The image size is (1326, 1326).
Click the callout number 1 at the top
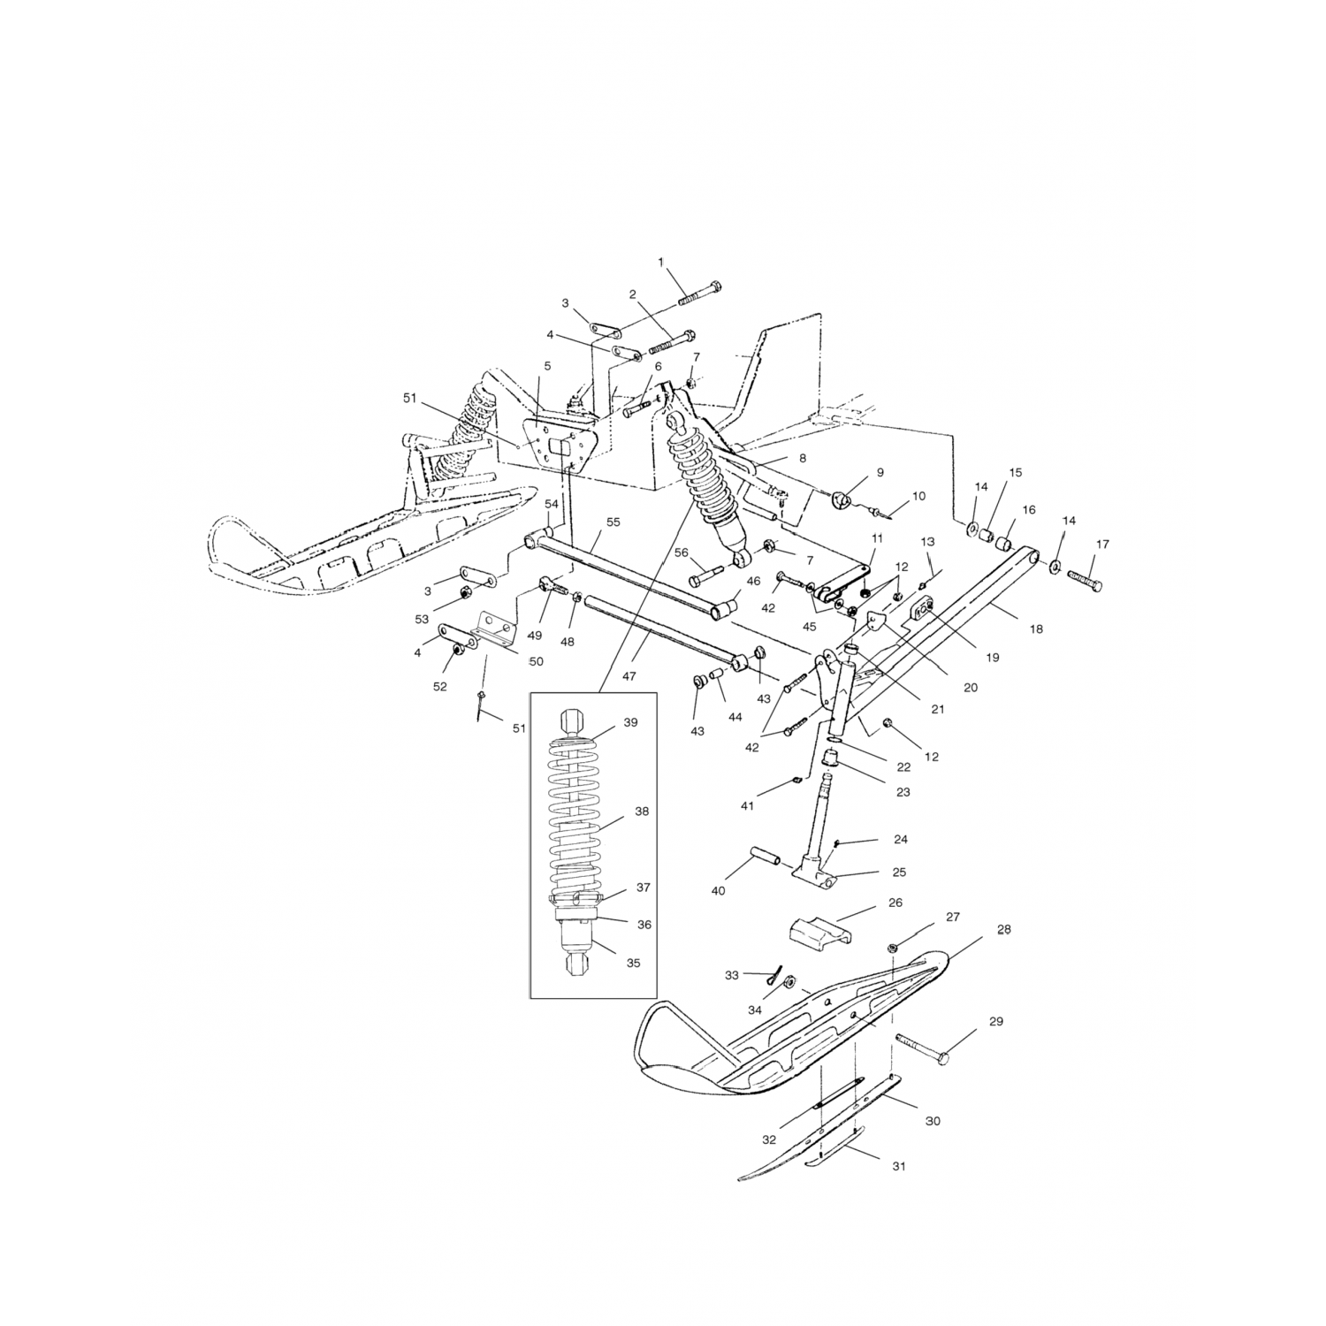pyautogui.click(x=659, y=262)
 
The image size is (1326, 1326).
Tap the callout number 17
pyautogui.click(x=1102, y=545)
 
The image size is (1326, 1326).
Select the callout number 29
pyautogui.click(x=996, y=1022)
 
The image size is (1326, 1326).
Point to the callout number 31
pyautogui.click(x=899, y=1167)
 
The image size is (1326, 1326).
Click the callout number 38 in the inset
pyautogui.click(x=642, y=811)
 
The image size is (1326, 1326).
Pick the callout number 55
pyautogui.click(x=613, y=522)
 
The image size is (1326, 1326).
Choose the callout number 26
pyautogui.click(x=895, y=903)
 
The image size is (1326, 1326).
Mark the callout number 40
pyautogui.click(x=718, y=891)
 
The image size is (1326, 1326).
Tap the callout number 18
pyautogui.click(x=1037, y=629)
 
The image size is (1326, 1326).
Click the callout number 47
pyautogui.click(x=629, y=675)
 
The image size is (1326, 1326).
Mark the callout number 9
pyautogui.click(x=880, y=473)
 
